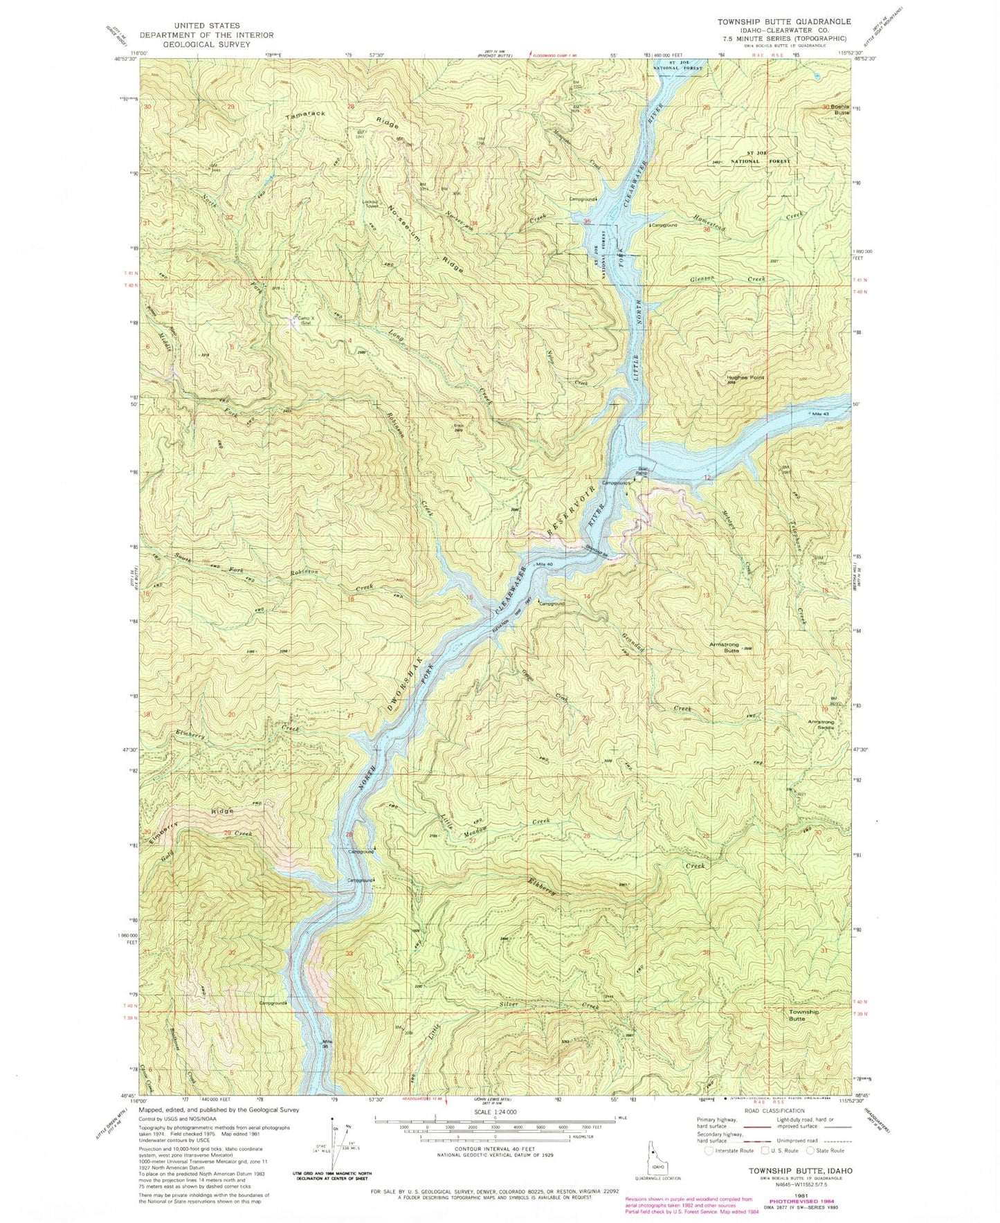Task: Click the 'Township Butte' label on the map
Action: coord(803,1015)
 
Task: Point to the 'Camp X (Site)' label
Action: coord(302,320)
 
